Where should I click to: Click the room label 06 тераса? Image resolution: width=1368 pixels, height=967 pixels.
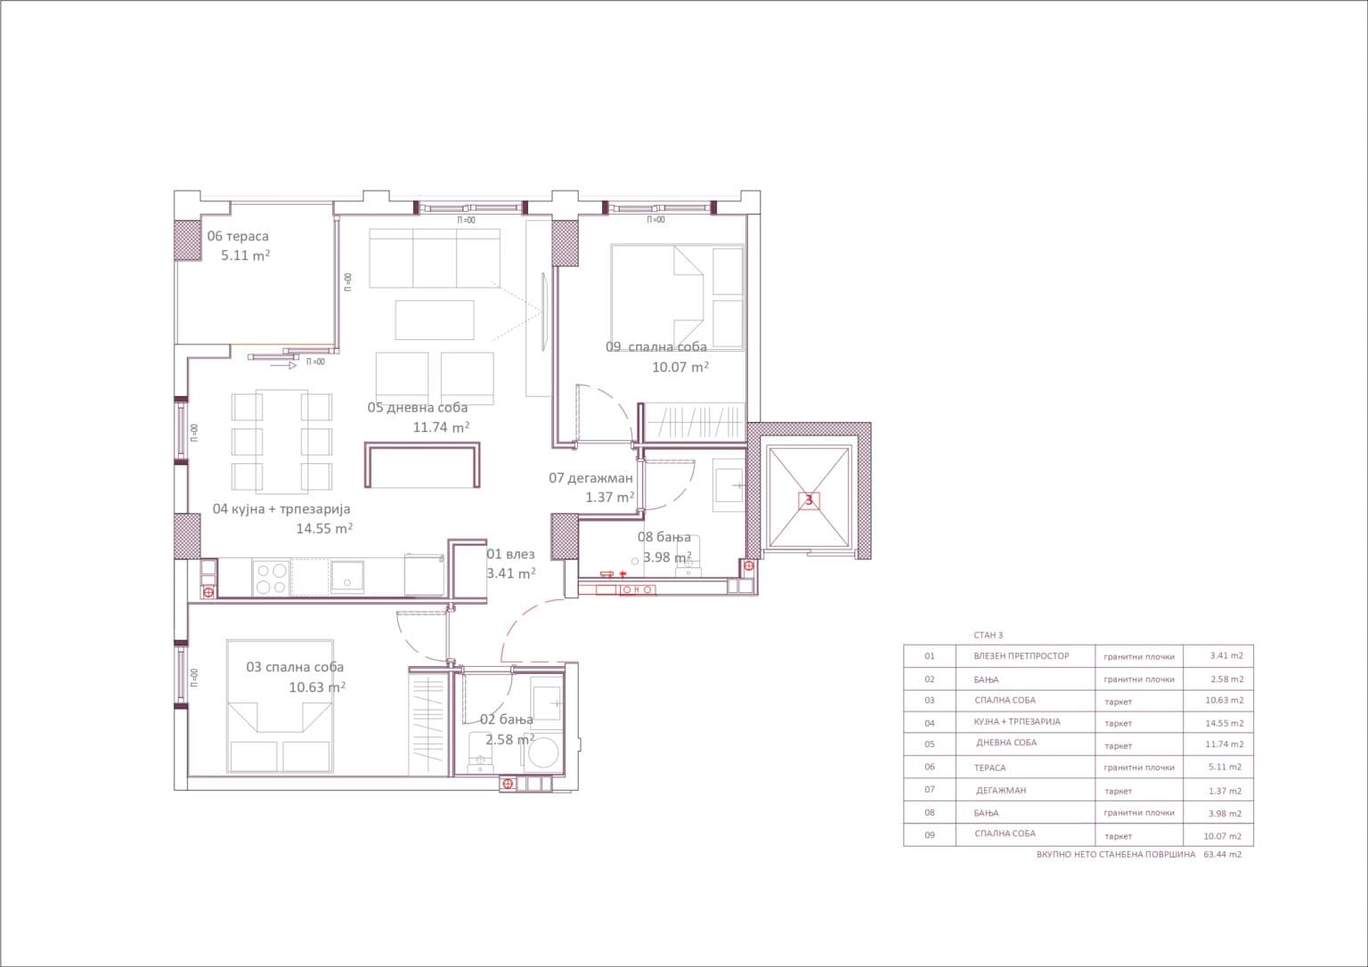click(x=238, y=236)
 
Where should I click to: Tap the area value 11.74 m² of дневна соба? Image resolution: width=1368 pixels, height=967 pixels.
click(x=441, y=427)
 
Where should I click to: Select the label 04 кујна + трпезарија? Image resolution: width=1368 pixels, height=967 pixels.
click(x=281, y=509)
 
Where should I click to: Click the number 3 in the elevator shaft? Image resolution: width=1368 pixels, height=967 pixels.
click(x=809, y=500)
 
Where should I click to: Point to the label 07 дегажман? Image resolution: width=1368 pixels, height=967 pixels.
click(x=590, y=478)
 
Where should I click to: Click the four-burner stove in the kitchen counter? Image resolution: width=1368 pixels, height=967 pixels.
click(x=271, y=578)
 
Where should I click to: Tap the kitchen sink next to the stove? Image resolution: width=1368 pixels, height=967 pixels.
click(x=346, y=577)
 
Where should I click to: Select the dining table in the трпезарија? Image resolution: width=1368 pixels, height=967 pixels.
click(x=281, y=441)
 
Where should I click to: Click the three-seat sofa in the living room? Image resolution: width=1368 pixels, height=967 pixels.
click(x=435, y=258)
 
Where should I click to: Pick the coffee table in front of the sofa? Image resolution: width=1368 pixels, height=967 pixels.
click(x=435, y=320)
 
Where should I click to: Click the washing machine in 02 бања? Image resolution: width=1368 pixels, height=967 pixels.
click(x=542, y=753)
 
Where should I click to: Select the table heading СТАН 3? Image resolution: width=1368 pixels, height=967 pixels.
click(x=988, y=635)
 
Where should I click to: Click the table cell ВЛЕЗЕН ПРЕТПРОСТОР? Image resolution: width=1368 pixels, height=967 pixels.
click(x=1022, y=656)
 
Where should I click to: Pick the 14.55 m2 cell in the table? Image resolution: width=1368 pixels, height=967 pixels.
click(x=1224, y=723)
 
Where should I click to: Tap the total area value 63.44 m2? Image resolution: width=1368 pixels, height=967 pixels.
click(x=1222, y=854)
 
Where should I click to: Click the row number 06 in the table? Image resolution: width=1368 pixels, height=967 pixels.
click(x=930, y=767)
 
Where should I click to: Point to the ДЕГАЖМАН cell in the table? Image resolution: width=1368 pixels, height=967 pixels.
click(x=1001, y=790)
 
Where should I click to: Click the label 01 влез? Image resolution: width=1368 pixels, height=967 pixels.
click(x=510, y=554)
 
